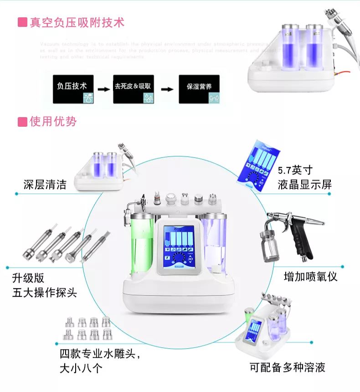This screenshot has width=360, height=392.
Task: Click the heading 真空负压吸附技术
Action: [77, 22]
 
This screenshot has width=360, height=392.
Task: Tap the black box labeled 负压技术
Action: [73, 89]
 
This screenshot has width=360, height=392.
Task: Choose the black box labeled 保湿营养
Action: [199, 89]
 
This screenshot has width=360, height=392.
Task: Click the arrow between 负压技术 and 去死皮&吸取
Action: [104, 89]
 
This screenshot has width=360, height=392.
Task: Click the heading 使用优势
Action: [53, 122]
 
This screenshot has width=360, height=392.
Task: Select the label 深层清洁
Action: [45, 184]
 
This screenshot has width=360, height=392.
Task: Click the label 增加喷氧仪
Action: [310, 276]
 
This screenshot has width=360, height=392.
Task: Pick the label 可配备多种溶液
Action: [287, 367]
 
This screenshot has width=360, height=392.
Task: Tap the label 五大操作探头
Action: [45, 292]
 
